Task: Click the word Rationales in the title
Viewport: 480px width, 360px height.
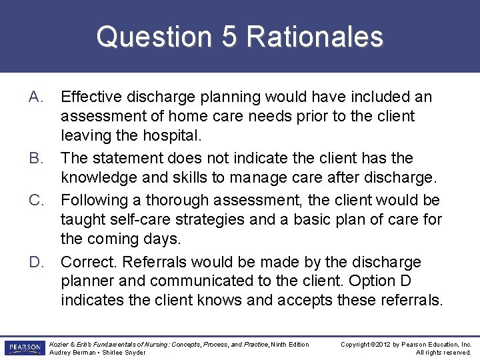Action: [315, 37]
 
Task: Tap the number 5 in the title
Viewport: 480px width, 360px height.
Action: [229, 37]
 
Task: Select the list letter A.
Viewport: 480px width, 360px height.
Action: [36, 97]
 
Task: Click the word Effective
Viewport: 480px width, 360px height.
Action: [90, 97]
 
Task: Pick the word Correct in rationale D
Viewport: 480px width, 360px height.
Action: [87, 262]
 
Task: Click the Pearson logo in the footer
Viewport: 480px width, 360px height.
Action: [24, 348]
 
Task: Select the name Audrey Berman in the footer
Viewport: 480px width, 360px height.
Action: [69, 353]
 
